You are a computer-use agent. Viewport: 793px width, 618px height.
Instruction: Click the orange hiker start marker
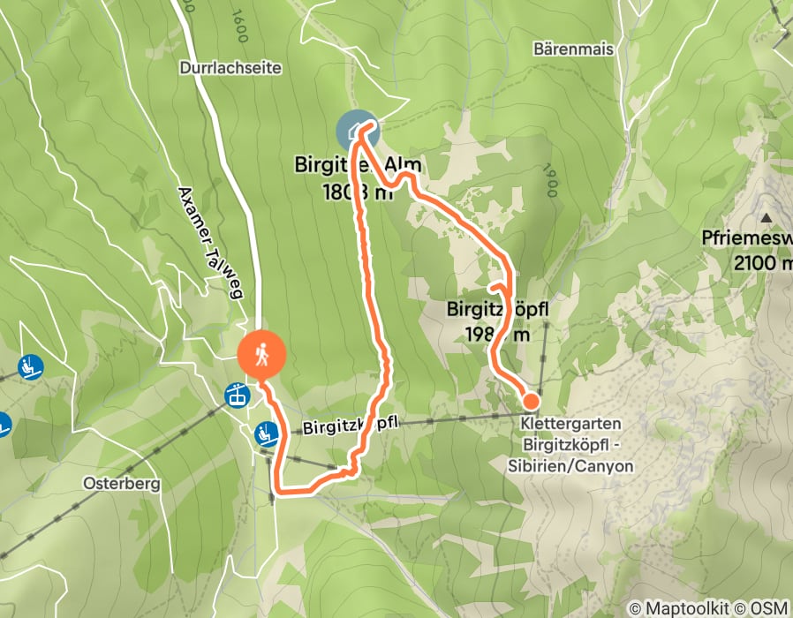[262, 356]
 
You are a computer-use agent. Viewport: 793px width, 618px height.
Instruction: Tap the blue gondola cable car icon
[236, 395]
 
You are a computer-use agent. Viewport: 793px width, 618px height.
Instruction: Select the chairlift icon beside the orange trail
[265, 433]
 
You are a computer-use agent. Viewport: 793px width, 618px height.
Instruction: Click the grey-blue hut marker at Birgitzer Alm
[356, 132]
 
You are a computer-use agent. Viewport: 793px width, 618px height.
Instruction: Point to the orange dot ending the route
[530, 402]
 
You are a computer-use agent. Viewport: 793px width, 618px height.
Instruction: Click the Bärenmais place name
[573, 49]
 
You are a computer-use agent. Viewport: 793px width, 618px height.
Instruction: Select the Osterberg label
[120, 484]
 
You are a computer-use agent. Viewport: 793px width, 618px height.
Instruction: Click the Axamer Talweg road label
[210, 242]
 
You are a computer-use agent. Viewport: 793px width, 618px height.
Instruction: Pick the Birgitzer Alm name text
[359, 165]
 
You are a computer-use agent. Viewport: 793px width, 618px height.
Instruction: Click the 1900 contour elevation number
[551, 182]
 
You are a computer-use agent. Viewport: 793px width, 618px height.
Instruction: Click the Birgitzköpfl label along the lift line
[351, 426]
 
